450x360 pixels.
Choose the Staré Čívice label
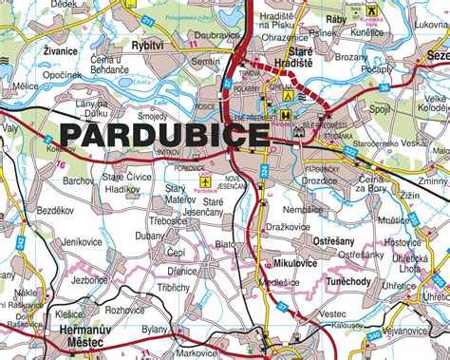[125, 177]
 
